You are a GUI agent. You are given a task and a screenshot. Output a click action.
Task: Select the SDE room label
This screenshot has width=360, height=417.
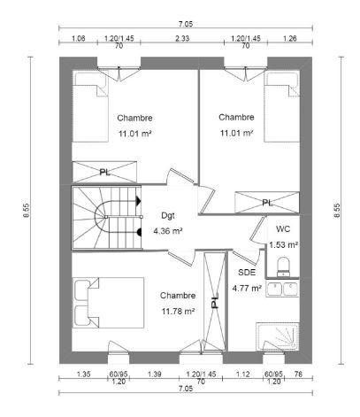click(x=246, y=274)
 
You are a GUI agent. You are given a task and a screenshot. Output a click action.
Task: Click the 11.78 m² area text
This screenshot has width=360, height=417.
click(x=177, y=311)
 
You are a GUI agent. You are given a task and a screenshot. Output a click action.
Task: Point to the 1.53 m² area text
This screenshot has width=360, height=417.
click(x=282, y=244)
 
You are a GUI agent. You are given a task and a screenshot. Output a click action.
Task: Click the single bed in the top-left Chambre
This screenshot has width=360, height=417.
click(x=89, y=112)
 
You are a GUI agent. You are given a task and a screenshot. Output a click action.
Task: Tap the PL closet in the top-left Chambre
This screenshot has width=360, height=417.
click(x=104, y=171)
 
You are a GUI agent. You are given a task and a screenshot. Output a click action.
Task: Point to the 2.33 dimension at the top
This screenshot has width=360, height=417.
click(x=181, y=38)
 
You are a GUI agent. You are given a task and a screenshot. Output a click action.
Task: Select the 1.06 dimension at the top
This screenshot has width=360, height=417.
click(x=77, y=38)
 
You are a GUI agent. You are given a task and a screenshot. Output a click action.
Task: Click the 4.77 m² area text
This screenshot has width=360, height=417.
click(x=246, y=288)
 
